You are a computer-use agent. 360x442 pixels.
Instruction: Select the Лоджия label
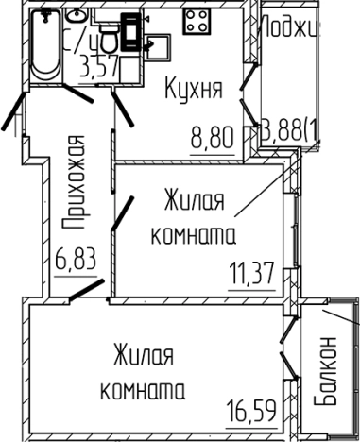click(290, 26)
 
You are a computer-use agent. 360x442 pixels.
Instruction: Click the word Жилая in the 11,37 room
click(193, 201)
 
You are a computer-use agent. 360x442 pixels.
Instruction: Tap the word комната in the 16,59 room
click(142, 389)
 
